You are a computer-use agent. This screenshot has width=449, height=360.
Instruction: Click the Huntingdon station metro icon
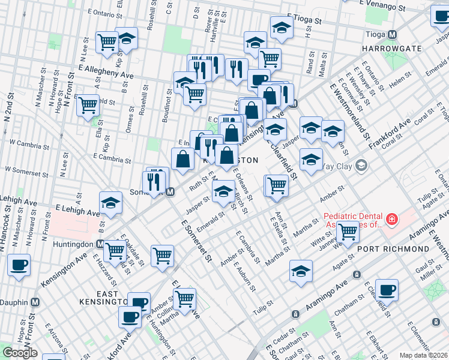pos(101,244)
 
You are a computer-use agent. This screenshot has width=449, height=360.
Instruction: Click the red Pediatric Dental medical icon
pos(392,220)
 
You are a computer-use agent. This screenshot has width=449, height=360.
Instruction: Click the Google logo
pos(20,352)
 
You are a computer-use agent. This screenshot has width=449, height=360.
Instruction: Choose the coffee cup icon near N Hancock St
pos(19,264)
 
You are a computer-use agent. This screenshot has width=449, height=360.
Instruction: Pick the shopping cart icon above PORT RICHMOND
pos(348,230)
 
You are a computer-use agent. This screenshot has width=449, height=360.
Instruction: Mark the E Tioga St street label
pos(304,19)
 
